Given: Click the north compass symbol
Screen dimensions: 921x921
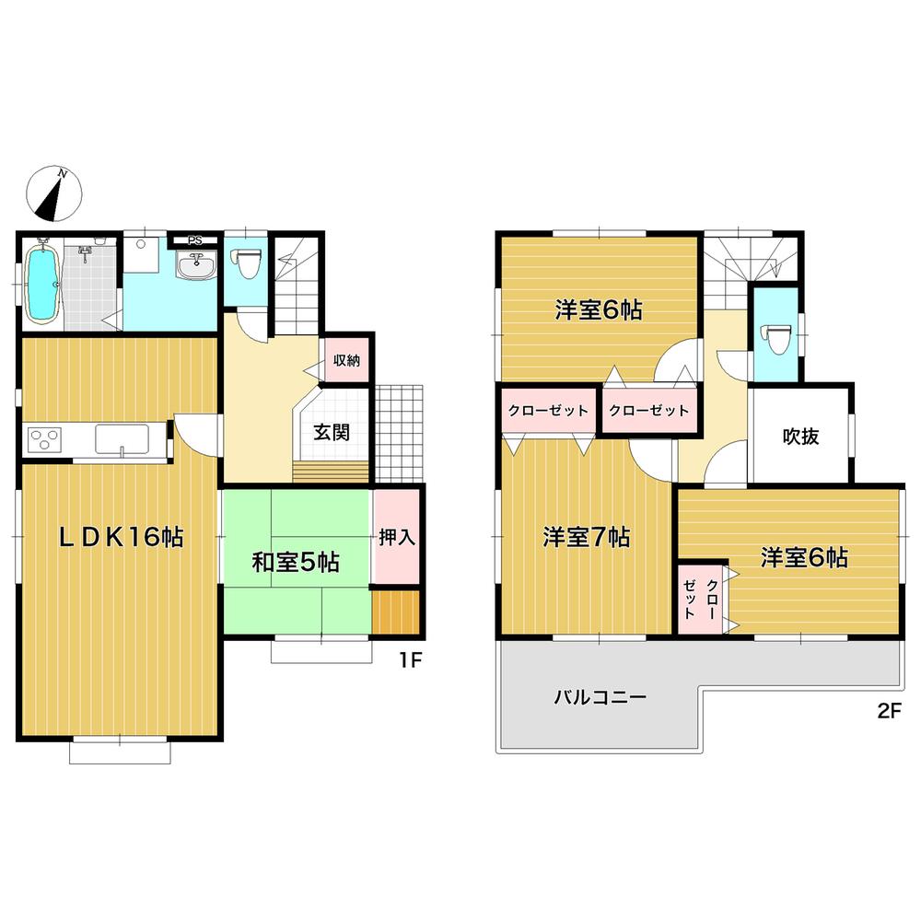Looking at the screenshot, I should click(53, 194).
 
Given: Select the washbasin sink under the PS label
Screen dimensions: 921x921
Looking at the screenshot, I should click(194, 266).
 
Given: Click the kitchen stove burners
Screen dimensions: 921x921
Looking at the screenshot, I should click(42, 440).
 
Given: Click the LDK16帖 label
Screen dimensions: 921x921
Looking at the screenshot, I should click(121, 536).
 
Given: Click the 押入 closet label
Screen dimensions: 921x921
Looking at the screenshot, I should click(397, 537).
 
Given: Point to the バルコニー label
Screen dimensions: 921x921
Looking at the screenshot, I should click(600, 697).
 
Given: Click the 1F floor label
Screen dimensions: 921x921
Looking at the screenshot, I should click(410, 659).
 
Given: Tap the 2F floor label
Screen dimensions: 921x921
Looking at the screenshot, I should click(888, 710).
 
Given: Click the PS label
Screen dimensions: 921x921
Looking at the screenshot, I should click(194, 240).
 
